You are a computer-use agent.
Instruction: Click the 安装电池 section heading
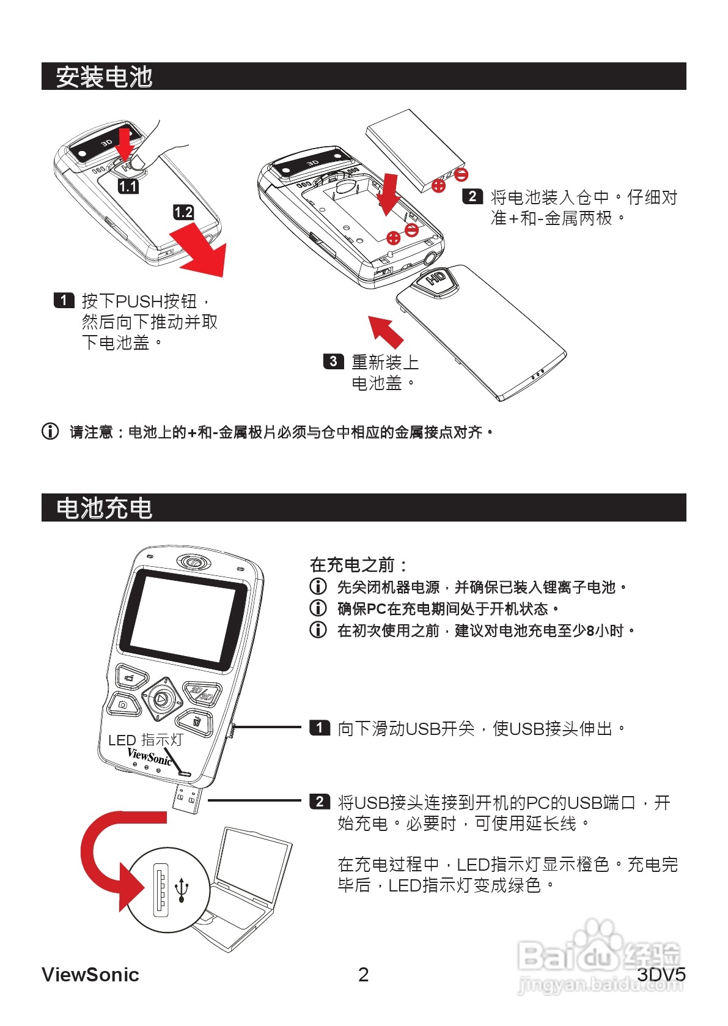click(x=104, y=77)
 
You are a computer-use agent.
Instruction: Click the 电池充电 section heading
click(x=104, y=508)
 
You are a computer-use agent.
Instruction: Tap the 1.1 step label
click(x=128, y=186)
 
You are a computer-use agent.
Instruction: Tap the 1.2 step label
click(x=183, y=212)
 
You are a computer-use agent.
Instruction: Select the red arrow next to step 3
click(x=386, y=331)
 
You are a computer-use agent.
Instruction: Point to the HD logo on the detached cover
click(x=436, y=279)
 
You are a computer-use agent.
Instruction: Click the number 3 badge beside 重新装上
click(x=333, y=361)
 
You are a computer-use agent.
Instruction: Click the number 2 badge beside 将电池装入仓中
click(x=472, y=196)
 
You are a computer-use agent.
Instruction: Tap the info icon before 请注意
click(x=50, y=431)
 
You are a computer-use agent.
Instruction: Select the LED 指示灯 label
click(x=145, y=740)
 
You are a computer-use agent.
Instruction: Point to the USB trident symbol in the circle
click(x=182, y=890)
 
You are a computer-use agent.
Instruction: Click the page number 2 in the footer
click(x=363, y=974)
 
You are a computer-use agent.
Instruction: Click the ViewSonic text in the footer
click(x=90, y=974)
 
